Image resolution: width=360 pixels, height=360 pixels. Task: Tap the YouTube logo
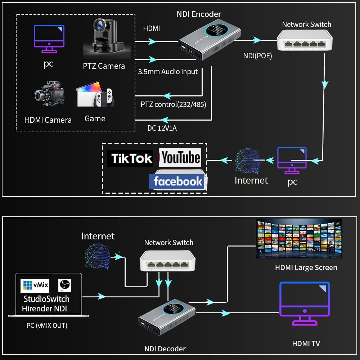pos(180,158)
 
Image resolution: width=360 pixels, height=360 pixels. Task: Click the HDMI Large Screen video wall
pos(299,238)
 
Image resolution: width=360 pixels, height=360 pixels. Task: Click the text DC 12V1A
pos(162,128)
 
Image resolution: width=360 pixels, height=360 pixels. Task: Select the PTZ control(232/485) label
pos(173,104)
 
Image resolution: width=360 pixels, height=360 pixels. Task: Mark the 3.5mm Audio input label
pos(168,72)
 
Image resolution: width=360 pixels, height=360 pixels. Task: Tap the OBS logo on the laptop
pos(65,285)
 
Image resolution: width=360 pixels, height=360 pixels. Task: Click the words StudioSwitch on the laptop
pos(46,299)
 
